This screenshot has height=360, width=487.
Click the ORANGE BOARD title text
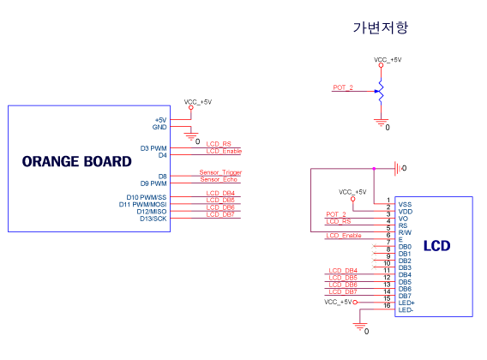pyautogui.click(x=76, y=161)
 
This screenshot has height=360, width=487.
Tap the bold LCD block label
pyautogui.click(x=437, y=246)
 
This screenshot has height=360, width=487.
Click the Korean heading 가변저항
pyautogui.click(x=381, y=27)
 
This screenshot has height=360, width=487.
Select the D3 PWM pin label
pyautogui.click(x=153, y=148)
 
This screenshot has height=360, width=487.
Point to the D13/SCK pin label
pyautogui.click(x=153, y=219)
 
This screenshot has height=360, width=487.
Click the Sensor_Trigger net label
pyautogui.click(x=220, y=172)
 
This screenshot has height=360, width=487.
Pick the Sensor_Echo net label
pyautogui.click(x=219, y=179)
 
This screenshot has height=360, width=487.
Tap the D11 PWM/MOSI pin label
pyautogui.click(x=143, y=204)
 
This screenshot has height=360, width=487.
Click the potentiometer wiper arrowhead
pyautogui.click(x=376, y=91)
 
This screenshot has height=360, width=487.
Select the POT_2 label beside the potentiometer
pyautogui.click(x=343, y=87)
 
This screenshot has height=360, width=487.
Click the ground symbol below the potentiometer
pyautogui.click(x=381, y=123)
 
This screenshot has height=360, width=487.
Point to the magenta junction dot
pyautogui.click(x=374, y=169)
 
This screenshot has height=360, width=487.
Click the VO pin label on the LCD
pyautogui.click(x=403, y=219)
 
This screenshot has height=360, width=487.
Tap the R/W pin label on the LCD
pyautogui.click(x=405, y=232)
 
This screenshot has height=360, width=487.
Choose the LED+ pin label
pyautogui.click(x=406, y=303)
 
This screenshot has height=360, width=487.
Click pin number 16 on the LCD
pyautogui.click(x=387, y=306)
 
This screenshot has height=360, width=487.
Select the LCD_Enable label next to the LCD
pyautogui.click(x=344, y=236)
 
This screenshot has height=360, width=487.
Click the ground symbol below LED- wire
pyautogui.click(x=359, y=327)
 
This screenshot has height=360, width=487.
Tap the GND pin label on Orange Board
pyautogui.click(x=159, y=127)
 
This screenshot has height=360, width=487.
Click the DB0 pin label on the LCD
pyautogui.click(x=405, y=247)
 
